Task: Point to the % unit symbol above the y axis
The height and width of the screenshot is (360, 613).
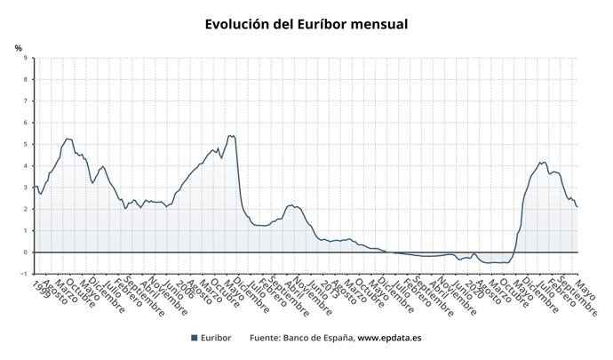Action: pyautogui.click(x=19, y=48)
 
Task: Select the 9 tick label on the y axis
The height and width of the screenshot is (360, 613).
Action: pyautogui.click(x=25, y=59)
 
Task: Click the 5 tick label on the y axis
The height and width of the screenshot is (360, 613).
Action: pyautogui.click(x=25, y=145)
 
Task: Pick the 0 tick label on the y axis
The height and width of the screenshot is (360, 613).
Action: pyautogui.click(x=25, y=252)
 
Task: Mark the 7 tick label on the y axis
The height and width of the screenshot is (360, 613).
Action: pyautogui.click(x=25, y=101)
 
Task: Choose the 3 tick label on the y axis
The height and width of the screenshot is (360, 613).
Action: pyautogui.click(x=25, y=188)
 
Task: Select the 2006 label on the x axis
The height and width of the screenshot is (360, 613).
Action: pyautogui.click(x=191, y=288)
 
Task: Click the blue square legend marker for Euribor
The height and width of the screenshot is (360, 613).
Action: pyautogui.click(x=195, y=339)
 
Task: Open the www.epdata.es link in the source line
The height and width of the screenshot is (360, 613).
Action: pyautogui.click(x=389, y=339)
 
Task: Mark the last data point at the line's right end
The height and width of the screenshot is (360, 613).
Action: pyautogui.click(x=577, y=207)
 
